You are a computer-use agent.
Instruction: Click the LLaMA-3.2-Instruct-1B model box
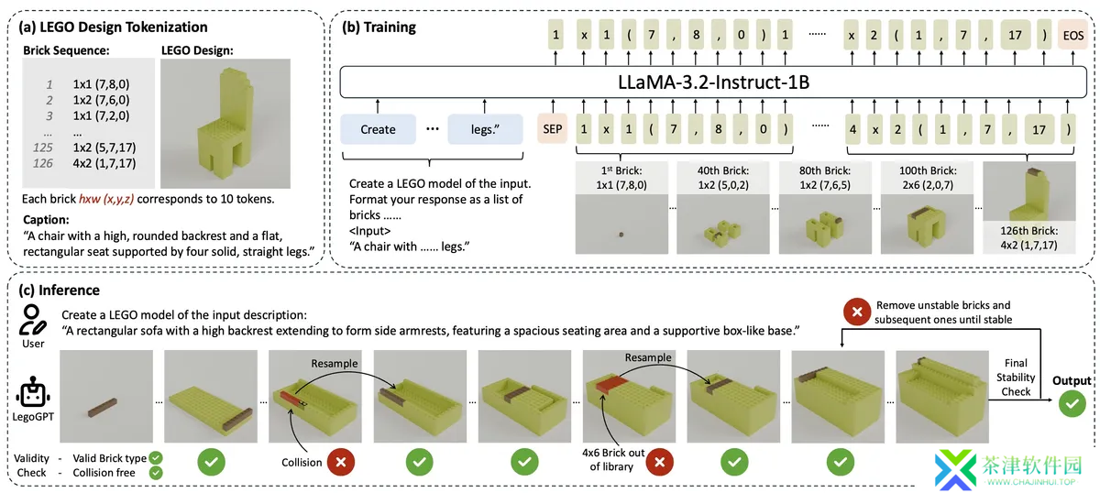click(x=713, y=82)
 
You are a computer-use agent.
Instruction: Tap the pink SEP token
click(x=553, y=129)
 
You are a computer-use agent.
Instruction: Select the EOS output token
click(x=1073, y=36)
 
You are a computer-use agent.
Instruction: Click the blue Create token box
click(x=378, y=129)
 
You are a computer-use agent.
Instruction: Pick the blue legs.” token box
click(x=485, y=129)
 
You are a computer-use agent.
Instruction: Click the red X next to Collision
click(x=341, y=462)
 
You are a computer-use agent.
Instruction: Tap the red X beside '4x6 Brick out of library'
click(x=659, y=462)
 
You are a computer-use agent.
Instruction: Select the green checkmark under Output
click(x=1072, y=403)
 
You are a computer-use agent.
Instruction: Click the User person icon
click(x=32, y=320)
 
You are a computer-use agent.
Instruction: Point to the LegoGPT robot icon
click(x=33, y=392)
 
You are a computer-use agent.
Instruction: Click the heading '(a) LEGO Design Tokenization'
click(x=113, y=27)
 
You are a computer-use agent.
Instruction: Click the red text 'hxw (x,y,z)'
click(x=106, y=199)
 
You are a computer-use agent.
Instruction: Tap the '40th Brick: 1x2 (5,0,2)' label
click(x=723, y=178)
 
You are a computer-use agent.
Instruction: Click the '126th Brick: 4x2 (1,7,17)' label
click(x=1028, y=237)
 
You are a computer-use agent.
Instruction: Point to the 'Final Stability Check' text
click(x=1016, y=378)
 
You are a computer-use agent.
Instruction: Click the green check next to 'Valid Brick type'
click(x=156, y=458)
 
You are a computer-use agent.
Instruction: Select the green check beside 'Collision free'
click(x=156, y=473)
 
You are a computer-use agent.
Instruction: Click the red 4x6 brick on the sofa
click(x=612, y=385)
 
